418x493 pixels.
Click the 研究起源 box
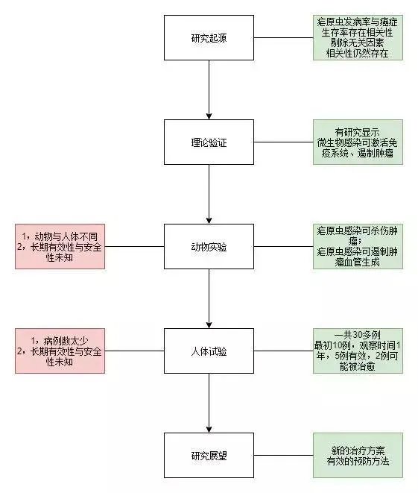[x=209, y=37]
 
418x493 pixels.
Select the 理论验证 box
[x=209, y=142]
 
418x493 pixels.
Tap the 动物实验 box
[x=209, y=246]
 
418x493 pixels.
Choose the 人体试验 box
[x=209, y=351]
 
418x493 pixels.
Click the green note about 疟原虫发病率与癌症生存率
[x=358, y=37]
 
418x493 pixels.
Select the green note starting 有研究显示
[x=358, y=142]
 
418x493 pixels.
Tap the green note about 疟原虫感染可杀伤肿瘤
[x=358, y=246]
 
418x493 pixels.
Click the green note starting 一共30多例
[x=358, y=351]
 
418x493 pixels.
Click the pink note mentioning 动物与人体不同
[x=60, y=246]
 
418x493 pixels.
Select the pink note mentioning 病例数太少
[x=60, y=351]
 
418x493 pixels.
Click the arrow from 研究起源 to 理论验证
[x=209, y=90]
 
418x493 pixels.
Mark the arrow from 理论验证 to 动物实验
[x=209, y=194]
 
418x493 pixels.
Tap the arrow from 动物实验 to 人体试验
[x=209, y=298]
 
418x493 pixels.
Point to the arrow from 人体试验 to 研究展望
[x=209, y=403]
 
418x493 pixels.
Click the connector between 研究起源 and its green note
[x=283, y=37]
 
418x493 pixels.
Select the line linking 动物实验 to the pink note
[x=134, y=246]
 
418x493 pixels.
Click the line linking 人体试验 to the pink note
[x=134, y=351]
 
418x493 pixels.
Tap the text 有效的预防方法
[x=358, y=462]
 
